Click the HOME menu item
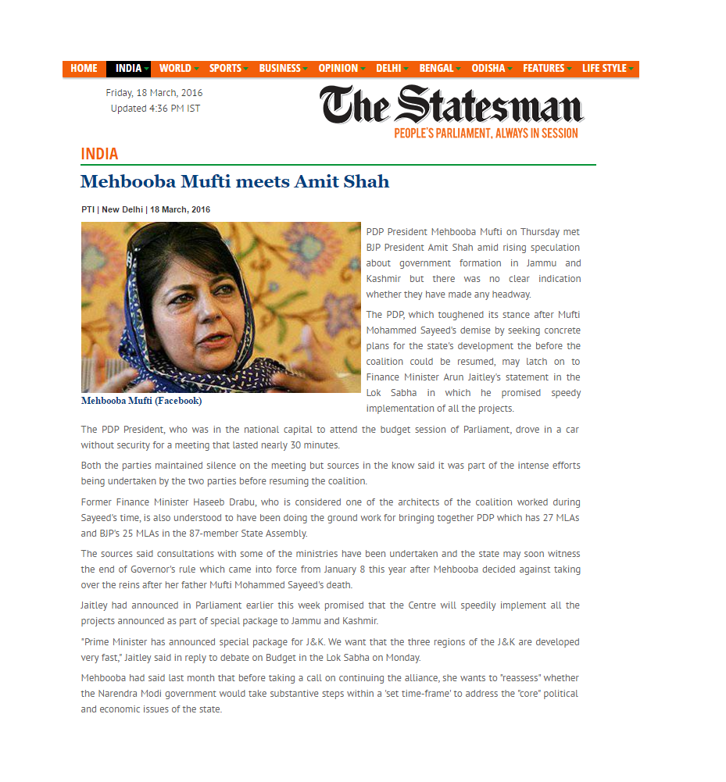[84, 69]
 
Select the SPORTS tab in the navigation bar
[226, 69]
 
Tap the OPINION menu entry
[338, 69]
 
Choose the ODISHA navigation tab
[488, 69]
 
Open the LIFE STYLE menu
[605, 69]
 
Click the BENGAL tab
[436, 69]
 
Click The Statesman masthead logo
[451, 105]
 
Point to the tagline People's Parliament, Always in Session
[485, 134]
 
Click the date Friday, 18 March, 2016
[154, 93]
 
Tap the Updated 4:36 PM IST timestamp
[155, 109]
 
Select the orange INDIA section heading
[99, 154]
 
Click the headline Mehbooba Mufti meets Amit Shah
[234, 182]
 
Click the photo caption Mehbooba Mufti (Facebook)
[141, 401]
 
